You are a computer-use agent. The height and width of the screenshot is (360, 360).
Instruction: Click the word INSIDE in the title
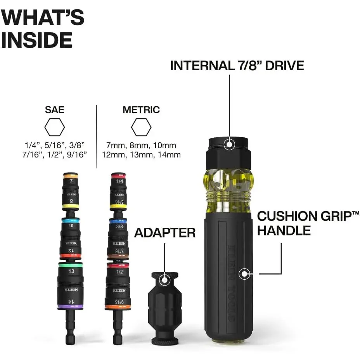[37, 40]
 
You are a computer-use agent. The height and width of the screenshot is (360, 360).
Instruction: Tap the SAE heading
[55, 110]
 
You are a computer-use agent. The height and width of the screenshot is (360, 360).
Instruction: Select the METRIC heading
[141, 110]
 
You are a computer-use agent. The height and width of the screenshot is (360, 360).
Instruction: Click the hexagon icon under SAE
[55, 127]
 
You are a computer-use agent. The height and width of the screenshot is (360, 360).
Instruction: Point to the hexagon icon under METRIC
[141, 127]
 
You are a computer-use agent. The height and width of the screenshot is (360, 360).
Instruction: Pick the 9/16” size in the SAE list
[77, 155]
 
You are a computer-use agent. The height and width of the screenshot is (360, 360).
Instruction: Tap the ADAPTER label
[165, 233]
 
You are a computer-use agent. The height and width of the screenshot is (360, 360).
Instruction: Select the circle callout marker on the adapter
[164, 280]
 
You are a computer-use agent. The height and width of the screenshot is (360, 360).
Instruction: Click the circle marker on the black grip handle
[244, 273]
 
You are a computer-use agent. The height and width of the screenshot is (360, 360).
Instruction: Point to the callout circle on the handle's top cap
[229, 144]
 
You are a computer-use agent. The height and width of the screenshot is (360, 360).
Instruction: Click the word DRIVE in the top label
[285, 66]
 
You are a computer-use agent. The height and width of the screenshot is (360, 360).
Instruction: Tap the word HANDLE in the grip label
[284, 230]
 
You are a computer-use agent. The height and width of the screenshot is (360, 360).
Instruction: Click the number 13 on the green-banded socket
[71, 272]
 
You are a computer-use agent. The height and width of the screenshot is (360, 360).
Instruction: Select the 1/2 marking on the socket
[119, 272]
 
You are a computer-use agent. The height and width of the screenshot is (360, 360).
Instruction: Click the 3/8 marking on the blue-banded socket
[119, 227]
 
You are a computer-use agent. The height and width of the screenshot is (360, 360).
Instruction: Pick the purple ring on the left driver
[70, 306]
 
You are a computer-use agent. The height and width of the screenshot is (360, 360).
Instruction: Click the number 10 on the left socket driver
[71, 226]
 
